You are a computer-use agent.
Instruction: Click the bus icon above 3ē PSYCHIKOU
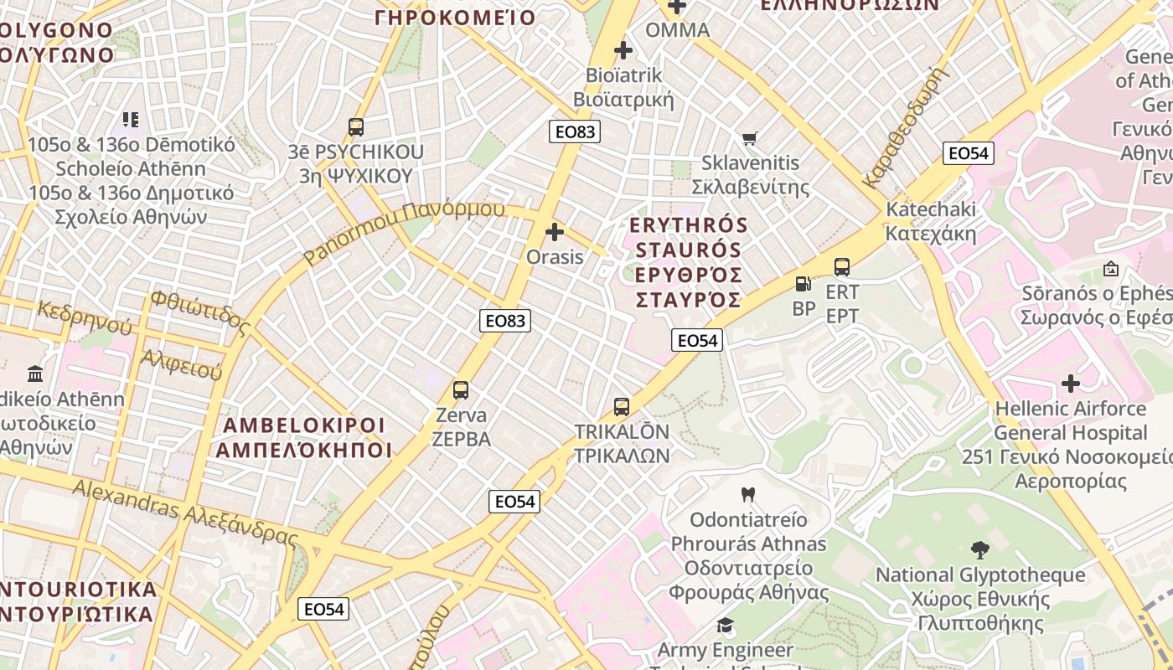point(356,127)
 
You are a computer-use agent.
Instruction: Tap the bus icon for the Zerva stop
point(461,389)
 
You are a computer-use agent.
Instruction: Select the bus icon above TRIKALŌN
point(621,407)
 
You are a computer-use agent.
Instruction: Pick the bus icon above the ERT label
point(842,267)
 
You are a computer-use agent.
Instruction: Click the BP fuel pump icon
point(803,284)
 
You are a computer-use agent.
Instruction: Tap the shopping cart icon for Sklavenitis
point(749,138)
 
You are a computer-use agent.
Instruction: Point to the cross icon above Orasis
point(555,232)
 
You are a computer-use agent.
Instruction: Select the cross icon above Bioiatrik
point(623,50)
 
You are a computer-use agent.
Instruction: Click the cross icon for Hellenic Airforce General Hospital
point(1070,384)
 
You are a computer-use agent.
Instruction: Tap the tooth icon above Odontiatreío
point(748,494)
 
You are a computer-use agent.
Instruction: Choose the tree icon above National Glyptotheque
point(979,550)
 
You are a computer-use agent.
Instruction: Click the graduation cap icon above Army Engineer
point(725,625)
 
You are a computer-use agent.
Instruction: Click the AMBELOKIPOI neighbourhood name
point(303,437)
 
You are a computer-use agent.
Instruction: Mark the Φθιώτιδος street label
point(200,311)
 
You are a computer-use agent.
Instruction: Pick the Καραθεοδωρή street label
point(908,126)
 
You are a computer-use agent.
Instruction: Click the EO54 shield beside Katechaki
point(968,153)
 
